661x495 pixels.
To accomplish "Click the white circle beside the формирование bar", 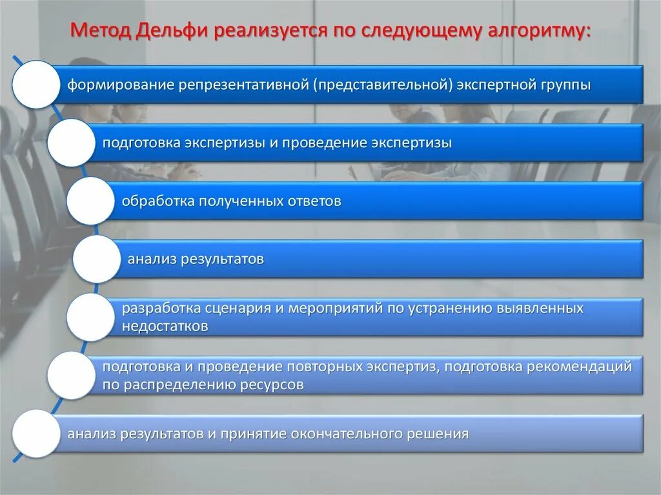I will pos(36,85).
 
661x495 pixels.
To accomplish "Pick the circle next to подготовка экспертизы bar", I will pos(70,143).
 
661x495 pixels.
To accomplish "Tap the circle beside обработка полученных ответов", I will pos(90,201).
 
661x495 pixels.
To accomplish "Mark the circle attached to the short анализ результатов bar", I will pos(96,259).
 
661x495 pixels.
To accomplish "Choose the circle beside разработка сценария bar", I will pos(90,317).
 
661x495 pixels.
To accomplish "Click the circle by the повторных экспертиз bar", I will pos(70,375).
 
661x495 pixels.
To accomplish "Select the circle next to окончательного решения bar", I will pos(36,433).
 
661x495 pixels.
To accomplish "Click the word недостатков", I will pos(165,327).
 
